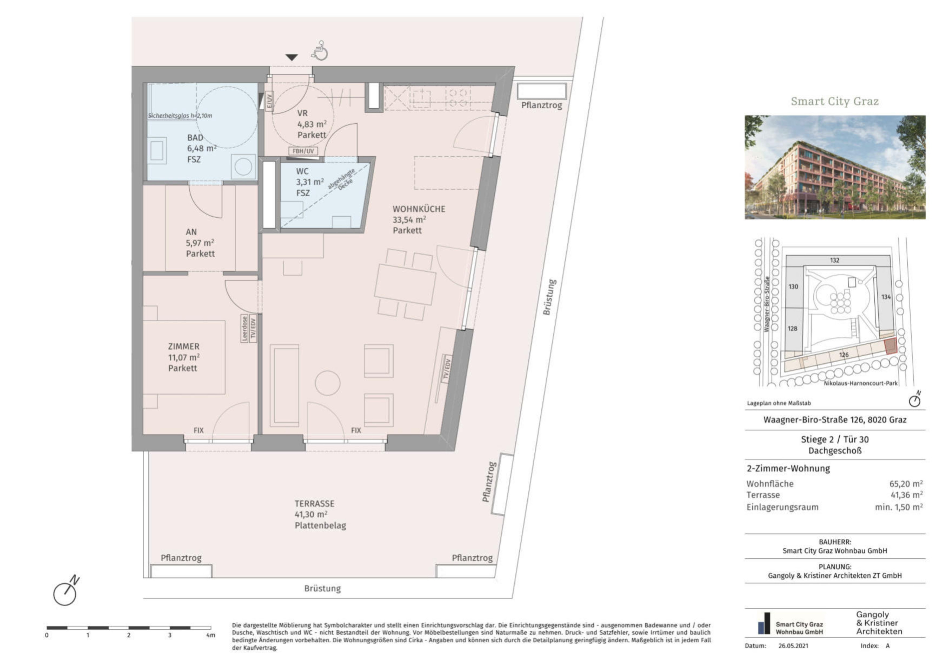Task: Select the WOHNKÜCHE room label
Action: click(x=419, y=209)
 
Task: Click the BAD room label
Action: click(x=195, y=138)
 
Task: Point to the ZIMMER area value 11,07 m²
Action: click(x=184, y=357)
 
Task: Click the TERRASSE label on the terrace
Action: click(x=314, y=504)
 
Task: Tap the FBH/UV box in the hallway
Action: click(x=303, y=151)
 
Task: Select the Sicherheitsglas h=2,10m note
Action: click(x=180, y=116)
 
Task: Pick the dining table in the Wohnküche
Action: click(x=405, y=284)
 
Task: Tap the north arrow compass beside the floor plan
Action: click(x=66, y=591)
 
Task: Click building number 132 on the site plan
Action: click(x=835, y=260)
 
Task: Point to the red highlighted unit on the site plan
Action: click(x=891, y=346)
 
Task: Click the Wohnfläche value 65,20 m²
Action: click(x=906, y=483)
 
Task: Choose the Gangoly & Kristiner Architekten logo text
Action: click(x=879, y=623)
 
